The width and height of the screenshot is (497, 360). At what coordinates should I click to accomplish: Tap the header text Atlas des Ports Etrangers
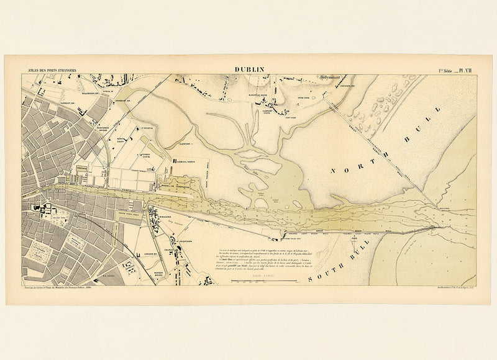point(49,71)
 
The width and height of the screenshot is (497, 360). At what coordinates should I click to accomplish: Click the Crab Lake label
point(303,99)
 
